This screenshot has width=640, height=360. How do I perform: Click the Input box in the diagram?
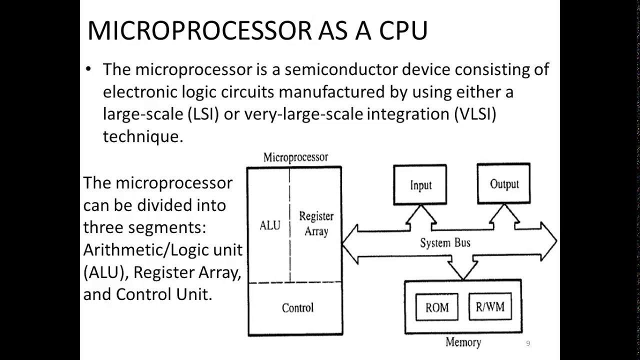(421, 185)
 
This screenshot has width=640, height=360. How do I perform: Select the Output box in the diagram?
(503, 184)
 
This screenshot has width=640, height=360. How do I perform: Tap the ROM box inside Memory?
(436, 307)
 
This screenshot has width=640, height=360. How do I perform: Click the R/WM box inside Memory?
(490, 306)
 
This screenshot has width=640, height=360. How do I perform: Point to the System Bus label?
(444, 243)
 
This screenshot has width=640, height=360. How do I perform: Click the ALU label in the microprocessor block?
(270, 225)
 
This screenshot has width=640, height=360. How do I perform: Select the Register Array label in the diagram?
(316, 223)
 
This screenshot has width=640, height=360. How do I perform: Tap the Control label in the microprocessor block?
(297, 307)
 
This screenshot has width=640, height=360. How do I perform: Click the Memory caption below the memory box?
(463, 342)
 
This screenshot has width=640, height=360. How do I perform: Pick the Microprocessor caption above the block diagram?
(295, 157)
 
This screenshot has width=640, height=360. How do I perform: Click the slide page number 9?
(528, 343)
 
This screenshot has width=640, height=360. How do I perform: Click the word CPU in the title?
(403, 31)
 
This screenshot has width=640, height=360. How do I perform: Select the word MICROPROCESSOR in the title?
(199, 31)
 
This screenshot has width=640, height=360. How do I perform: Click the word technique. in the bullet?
(143, 136)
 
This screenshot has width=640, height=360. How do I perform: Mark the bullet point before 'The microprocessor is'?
(89, 69)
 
